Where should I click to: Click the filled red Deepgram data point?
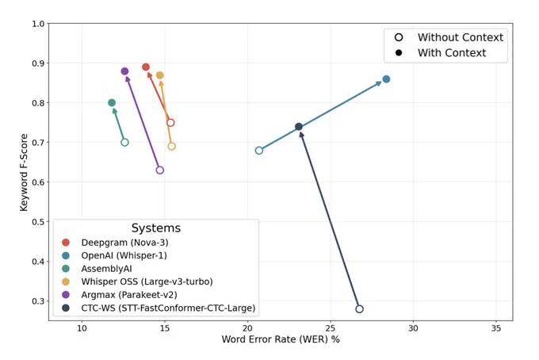pyautogui.click(x=146, y=67)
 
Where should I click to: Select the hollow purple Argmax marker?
pyautogui.click(x=160, y=170)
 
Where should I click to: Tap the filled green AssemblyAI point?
pyautogui.click(x=112, y=103)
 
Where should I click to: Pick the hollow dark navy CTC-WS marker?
pyautogui.click(x=359, y=309)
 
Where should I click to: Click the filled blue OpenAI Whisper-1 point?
pyautogui.click(x=386, y=79)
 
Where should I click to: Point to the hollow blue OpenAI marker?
pyautogui.click(x=259, y=151)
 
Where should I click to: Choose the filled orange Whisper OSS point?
pyautogui.click(x=160, y=75)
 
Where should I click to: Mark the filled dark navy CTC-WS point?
pyautogui.click(x=299, y=127)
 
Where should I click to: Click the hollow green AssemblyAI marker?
pyautogui.click(x=124, y=143)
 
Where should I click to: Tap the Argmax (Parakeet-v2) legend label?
pyautogui.click(x=129, y=295)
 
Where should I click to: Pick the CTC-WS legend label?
pyautogui.click(x=168, y=308)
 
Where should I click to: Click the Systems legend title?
pyautogui.click(x=156, y=228)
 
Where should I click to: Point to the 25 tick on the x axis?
pyautogui.click(x=331, y=328)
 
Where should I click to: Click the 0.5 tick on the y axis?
pyautogui.click(x=38, y=222)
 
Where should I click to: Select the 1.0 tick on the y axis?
pyautogui.click(x=38, y=24)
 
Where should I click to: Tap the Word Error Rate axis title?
pyautogui.click(x=281, y=339)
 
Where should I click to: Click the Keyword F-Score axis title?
pyautogui.click(x=24, y=172)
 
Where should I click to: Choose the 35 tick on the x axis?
pyautogui.click(x=496, y=328)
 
